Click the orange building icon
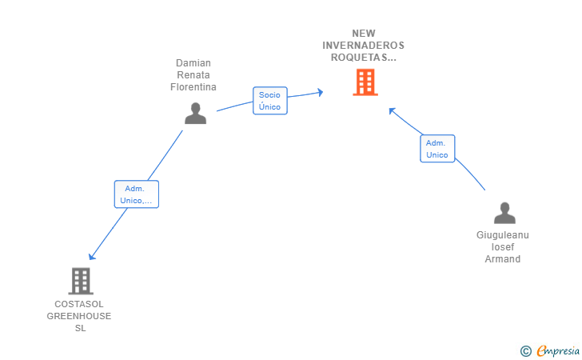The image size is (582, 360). [x=365, y=82]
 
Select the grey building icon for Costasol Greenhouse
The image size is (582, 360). [x=81, y=281]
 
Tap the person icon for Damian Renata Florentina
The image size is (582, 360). [x=195, y=114]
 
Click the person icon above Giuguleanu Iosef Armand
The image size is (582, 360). [x=504, y=213]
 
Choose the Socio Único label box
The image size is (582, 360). [x=270, y=101]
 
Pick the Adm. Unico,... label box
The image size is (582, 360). [x=136, y=194]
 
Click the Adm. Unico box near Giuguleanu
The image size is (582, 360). [x=437, y=149]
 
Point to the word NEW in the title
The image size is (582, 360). [x=364, y=34]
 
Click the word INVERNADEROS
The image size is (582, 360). [x=363, y=46]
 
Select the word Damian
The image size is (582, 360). [x=193, y=62]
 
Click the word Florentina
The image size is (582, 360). [x=193, y=87]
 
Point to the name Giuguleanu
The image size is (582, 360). [x=503, y=235]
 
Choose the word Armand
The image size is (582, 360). [x=503, y=259]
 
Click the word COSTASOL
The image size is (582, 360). [x=79, y=304]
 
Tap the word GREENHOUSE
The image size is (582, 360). [x=78, y=316]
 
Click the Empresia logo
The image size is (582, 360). [x=558, y=350]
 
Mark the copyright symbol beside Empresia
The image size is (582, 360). [x=525, y=351]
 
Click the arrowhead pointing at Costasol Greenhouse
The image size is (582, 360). [x=92, y=256]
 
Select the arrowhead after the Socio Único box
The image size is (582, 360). [x=320, y=92]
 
